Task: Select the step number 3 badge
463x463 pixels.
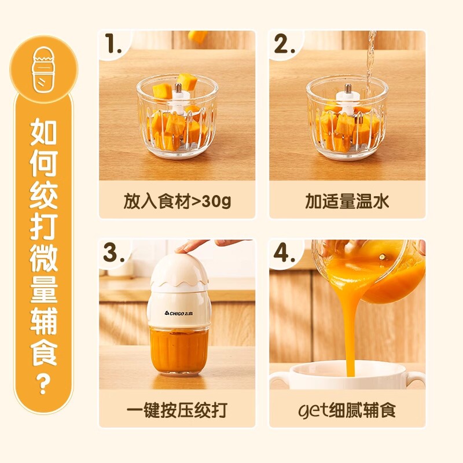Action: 114,253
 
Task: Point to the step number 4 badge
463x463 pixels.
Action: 284,253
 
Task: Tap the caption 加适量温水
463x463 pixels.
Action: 347,201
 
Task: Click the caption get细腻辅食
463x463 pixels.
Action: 347,410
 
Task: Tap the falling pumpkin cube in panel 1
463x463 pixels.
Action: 199,36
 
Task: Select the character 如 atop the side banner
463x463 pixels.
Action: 44,133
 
